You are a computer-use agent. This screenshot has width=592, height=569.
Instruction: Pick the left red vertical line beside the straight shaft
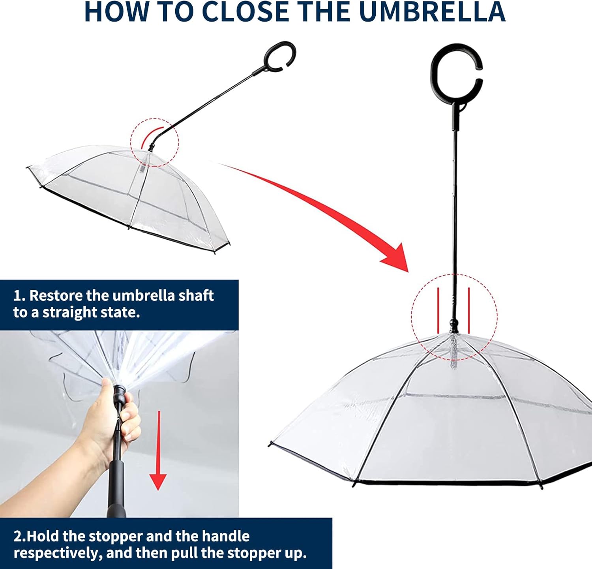[x=438, y=310]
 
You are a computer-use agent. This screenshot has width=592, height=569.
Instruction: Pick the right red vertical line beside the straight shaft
[x=469, y=310]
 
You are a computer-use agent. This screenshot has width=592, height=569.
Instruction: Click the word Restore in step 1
[x=56, y=295]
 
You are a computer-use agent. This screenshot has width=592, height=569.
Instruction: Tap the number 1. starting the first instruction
[x=19, y=295]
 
